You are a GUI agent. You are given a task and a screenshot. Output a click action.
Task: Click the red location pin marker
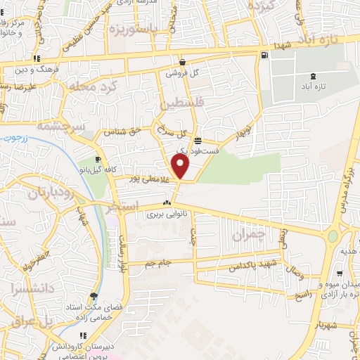click(181, 167)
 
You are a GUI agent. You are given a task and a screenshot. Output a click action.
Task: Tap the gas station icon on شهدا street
click(264, 56)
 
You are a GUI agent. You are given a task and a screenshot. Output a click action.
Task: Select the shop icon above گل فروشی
click(181, 61)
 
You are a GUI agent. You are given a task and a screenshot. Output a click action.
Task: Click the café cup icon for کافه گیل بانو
click(97, 160)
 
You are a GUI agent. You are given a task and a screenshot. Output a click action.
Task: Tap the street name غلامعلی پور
click(150, 179)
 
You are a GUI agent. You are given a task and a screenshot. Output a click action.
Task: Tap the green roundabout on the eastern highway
click(332, 236)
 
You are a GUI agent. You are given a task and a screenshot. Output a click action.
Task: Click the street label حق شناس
click(139, 131)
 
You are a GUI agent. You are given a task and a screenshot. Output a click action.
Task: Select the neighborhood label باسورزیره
click(136, 30)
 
